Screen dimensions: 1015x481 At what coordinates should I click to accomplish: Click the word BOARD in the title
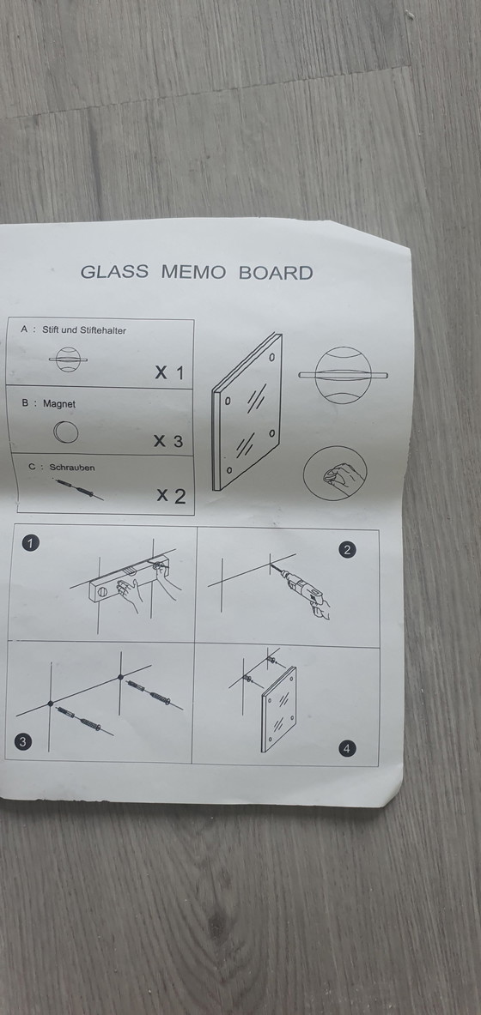275,273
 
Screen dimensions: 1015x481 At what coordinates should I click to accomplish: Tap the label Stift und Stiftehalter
84,329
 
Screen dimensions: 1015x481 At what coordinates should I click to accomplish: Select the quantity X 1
169,373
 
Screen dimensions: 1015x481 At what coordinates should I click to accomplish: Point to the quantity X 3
168,442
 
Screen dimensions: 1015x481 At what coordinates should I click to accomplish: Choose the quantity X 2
171,496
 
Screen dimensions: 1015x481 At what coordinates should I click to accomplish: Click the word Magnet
59,403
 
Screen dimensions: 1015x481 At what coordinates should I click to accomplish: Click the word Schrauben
72,468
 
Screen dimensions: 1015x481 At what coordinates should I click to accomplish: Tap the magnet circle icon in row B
65,432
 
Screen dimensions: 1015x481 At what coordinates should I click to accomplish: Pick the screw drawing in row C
80,490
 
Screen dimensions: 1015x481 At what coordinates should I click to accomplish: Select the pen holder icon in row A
64,359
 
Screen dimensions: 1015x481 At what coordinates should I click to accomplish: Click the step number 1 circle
31,543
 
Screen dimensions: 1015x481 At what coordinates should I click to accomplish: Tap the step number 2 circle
347,550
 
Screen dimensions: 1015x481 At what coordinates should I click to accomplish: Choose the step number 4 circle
346,749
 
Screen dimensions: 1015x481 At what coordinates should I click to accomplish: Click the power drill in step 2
309,593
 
